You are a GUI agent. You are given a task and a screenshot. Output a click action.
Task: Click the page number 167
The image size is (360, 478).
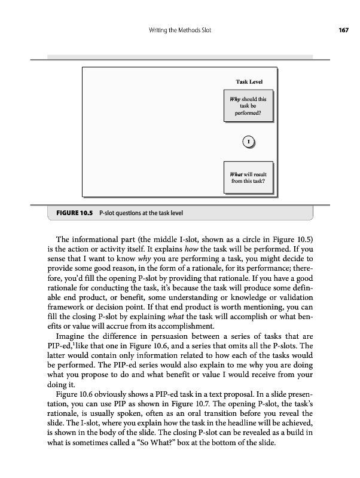coord(343,30)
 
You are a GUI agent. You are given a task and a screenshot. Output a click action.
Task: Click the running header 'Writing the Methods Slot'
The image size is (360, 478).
coord(179,30)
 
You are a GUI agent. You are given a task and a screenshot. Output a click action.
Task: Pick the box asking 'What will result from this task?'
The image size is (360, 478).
coord(248,177)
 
